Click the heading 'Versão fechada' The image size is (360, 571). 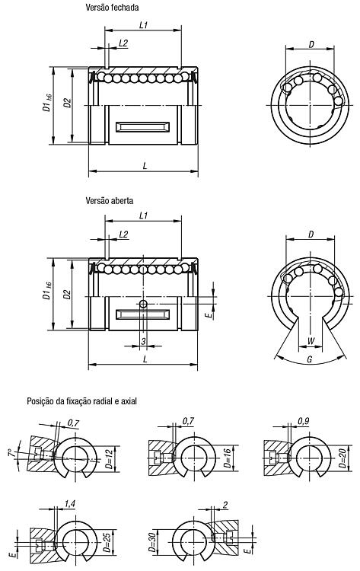coord(112,8)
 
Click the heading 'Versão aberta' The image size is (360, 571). coord(109,200)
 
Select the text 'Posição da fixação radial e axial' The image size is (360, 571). coord(82,401)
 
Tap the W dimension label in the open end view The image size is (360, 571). coord(311,341)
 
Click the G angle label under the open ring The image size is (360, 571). coord(310,359)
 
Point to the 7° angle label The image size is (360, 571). coord(12,454)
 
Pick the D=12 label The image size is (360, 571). coord(109,459)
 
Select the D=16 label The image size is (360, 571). coord(227,458)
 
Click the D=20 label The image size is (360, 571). coord(342,458)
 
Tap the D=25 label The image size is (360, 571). coord(107,543)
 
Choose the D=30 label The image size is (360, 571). coord(152,543)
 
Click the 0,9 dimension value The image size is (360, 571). coord(303,421)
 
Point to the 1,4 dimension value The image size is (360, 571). coord(69,504)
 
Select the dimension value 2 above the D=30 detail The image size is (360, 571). coord(225,505)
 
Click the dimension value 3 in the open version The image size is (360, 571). coord(143,341)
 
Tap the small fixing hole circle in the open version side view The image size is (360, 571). coord(143,304)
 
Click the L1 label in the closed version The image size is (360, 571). coord(143,25)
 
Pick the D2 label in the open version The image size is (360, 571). coord(67,294)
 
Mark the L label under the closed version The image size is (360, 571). coord(145,166)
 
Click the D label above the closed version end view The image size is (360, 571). coord(311,44)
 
